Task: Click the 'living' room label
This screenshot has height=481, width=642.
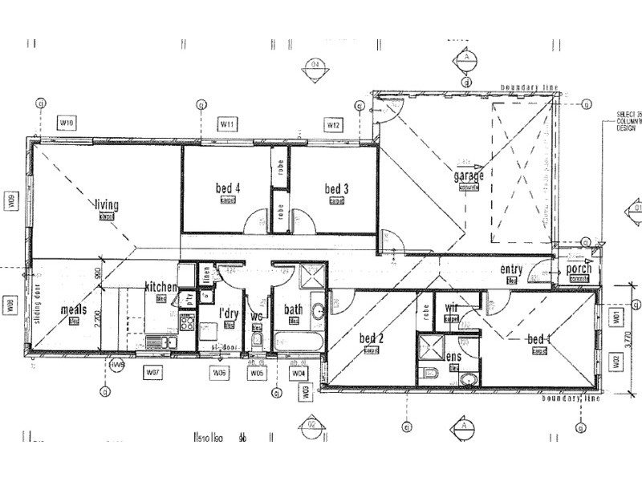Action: coord(107,204)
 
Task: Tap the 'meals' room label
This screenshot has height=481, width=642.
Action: coord(73,309)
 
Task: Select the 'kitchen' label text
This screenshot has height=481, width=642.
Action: coord(160,287)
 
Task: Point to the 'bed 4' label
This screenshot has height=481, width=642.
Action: coord(228,189)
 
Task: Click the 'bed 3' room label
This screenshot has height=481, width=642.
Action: coord(337,189)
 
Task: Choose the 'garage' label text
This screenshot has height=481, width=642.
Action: coord(469,176)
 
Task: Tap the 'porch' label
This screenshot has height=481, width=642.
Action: coord(579,269)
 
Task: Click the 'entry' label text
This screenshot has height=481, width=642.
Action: coord(511,269)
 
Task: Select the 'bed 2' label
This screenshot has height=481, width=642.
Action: coord(371,338)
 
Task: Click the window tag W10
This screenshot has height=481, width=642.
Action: coord(67,123)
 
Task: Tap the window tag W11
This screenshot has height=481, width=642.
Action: coord(228,124)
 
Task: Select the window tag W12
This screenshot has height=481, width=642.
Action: coord(334,124)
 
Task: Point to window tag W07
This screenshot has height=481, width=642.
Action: coord(154,372)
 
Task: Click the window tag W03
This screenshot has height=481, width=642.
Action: coord(306,391)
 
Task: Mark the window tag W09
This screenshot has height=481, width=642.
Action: coord(11,200)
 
